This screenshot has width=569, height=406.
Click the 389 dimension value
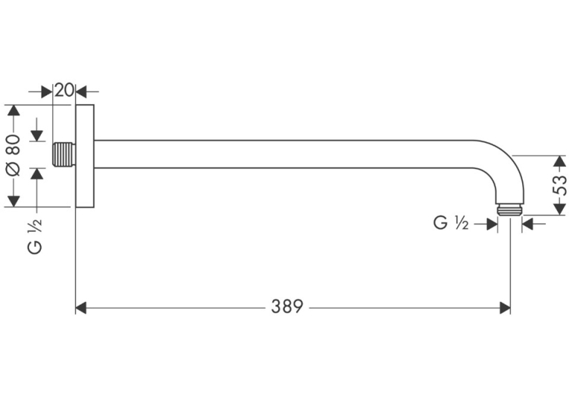(x=286, y=307)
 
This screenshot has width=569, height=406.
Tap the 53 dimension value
(x=559, y=185)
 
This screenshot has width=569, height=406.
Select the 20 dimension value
(x=64, y=90)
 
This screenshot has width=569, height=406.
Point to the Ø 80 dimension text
(x=14, y=156)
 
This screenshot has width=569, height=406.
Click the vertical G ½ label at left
(x=35, y=237)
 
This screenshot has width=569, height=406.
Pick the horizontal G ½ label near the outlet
(x=451, y=223)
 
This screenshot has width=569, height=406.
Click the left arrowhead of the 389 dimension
(x=81, y=308)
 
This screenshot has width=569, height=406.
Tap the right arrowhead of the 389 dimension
(x=505, y=308)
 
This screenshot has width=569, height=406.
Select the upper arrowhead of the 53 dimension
(x=559, y=162)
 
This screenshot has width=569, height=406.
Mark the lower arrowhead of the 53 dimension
(x=559, y=209)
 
